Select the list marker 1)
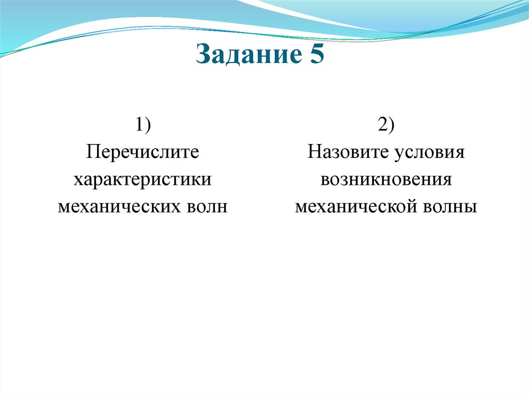[143, 125]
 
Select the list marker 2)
[386, 125]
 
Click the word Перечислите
[143, 153]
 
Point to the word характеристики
[143, 180]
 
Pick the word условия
[430, 153]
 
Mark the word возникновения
[386, 180]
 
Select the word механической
[356, 207]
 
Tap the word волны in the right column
[450, 207]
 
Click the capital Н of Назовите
[313, 153]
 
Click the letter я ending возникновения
[447, 180]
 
